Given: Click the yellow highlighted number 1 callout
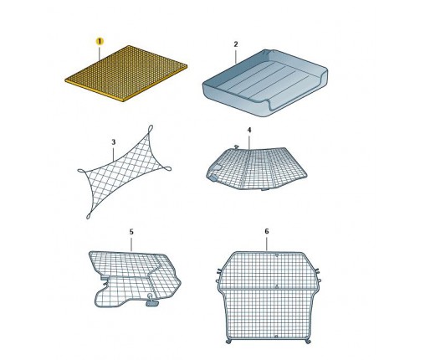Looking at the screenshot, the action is pyautogui.click(x=100, y=42).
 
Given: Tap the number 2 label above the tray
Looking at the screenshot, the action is pyautogui.click(x=236, y=44).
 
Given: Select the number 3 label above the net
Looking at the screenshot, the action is pyautogui.click(x=114, y=142).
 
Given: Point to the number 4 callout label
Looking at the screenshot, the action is pyautogui.click(x=249, y=130).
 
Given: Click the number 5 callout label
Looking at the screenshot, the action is pyautogui.click(x=131, y=232).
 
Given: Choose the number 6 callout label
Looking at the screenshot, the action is pyautogui.click(x=267, y=231).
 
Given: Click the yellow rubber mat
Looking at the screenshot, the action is pyautogui.click(x=126, y=73).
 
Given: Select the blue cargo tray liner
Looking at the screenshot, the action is pyautogui.click(x=265, y=83).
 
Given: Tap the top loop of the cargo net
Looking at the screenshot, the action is pyautogui.click(x=151, y=129).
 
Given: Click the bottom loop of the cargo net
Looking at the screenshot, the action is pyautogui.click(x=89, y=215).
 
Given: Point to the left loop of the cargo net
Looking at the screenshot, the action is pyautogui.click(x=82, y=171).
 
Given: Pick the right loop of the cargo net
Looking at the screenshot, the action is pyautogui.click(x=167, y=168).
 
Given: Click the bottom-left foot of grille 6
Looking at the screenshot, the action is pyautogui.click(x=228, y=342).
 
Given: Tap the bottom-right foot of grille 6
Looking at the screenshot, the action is pyautogui.click(x=308, y=342).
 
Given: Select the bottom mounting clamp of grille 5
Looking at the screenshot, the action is pyautogui.click(x=151, y=302).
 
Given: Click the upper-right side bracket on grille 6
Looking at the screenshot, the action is pyautogui.click(x=317, y=270).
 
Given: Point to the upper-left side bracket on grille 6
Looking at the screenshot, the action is pyautogui.click(x=219, y=270).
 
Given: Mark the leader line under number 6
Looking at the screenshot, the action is pyautogui.click(x=267, y=244).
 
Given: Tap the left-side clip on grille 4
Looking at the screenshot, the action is pyautogui.click(x=213, y=177).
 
